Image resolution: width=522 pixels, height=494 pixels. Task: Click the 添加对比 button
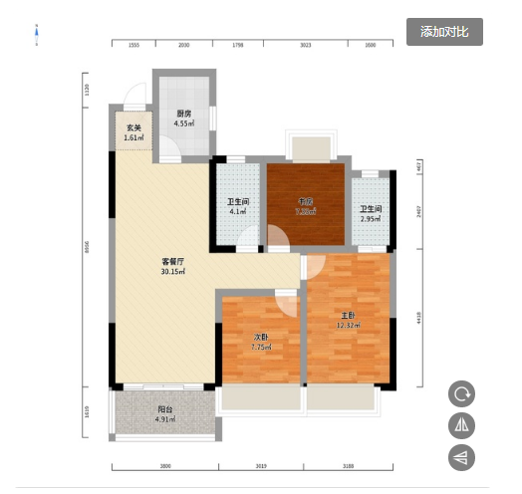point(444,32)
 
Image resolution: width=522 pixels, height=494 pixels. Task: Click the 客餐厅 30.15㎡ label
point(175,266)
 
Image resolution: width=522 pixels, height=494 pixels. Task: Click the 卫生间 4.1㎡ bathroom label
point(237,206)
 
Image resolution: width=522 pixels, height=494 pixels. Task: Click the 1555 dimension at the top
point(132,46)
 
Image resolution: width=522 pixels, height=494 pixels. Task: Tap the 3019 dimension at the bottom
point(261,464)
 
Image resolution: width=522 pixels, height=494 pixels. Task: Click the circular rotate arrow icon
point(461,393)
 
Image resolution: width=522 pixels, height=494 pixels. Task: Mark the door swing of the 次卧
point(285,303)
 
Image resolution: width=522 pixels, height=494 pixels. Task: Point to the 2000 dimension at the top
point(183,46)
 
